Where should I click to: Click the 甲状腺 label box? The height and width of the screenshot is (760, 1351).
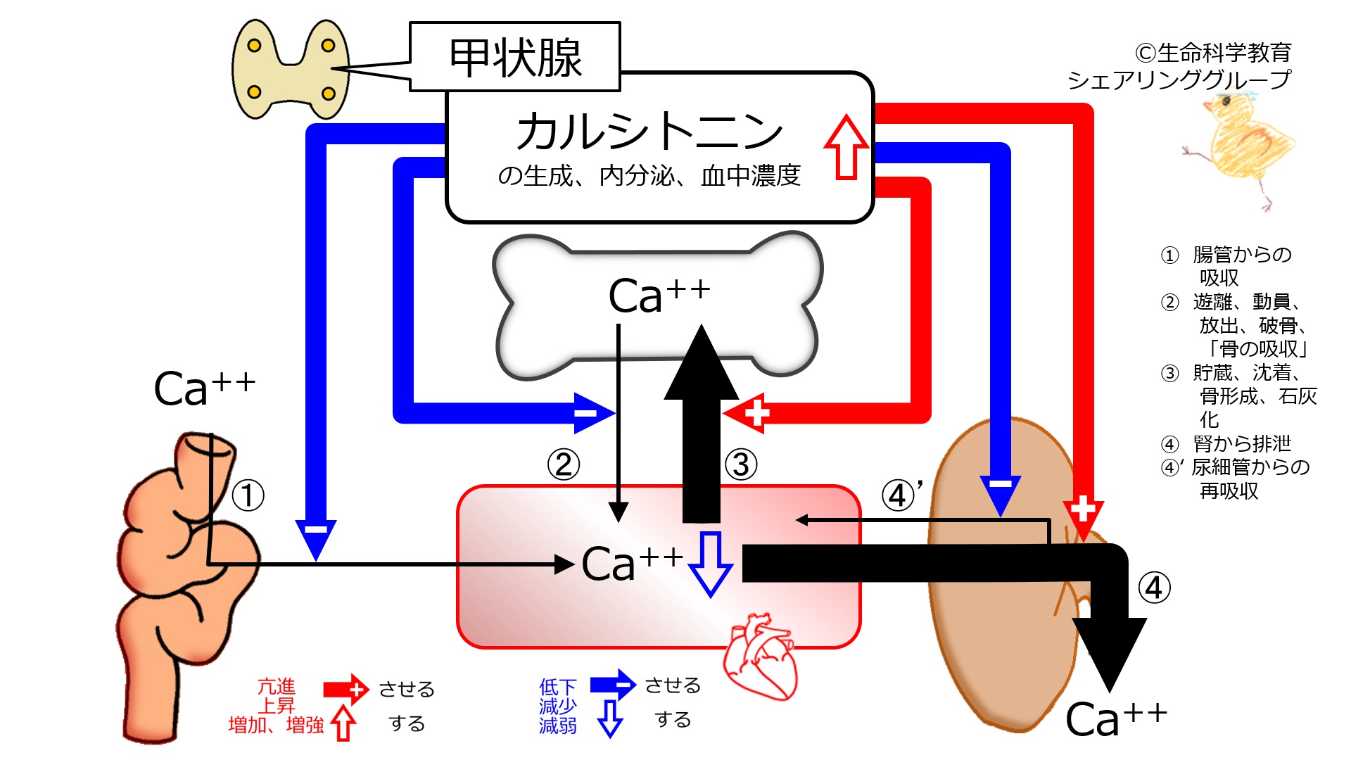pyautogui.click(x=514, y=57)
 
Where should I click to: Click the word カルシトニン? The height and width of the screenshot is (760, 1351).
pyautogui.click(x=649, y=132)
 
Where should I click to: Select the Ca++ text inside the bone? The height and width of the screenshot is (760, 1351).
pyautogui.click(x=659, y=295)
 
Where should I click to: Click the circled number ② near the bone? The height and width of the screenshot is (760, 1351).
pyautogui.click(x=564, y=464)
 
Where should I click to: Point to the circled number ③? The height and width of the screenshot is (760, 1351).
pyautogui.click(x=741, y=464)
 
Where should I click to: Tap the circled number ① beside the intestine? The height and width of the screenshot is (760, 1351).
pyautogui.click(x=248, y=495)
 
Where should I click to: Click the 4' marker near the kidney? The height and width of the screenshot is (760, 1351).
pyautogui.click(x=901, y=495)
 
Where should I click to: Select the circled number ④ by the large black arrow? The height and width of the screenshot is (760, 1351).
pyautogui.click(x=1154, y=588)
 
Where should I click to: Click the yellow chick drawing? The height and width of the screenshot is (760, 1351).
pyautogui.click(x=1243, y=148)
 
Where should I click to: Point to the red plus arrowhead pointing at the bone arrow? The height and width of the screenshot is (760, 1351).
pyautogui.click(x=750, y=413)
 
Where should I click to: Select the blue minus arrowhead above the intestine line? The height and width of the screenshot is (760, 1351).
pyautogui.click(x=316, y=535)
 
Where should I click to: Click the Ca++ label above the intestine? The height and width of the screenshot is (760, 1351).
pyautogui.click(x=204, y=388)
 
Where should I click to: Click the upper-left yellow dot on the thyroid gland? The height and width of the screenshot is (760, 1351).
pyautogui.click(x=255, y=46)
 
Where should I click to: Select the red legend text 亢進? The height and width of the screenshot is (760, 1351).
pyautogui.click(x=276, y=686)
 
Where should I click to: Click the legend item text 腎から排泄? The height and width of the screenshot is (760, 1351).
pyautogui.click(x=1242, y=444)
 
